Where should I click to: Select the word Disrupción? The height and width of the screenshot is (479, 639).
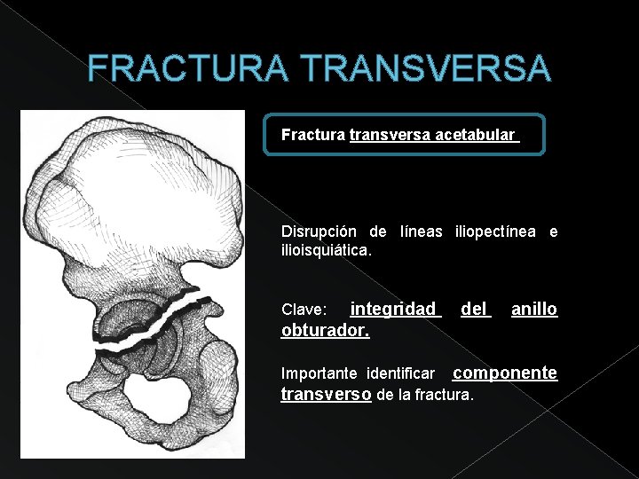click(313, 232)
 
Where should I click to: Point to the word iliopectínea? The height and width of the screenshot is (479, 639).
click(495, 232)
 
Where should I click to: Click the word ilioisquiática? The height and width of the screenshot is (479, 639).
click(326, 252)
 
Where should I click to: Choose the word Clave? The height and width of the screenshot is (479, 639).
click(303, 310)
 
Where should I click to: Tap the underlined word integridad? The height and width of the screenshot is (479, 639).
click(393, 309)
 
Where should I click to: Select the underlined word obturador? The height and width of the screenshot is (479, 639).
click(325, 330)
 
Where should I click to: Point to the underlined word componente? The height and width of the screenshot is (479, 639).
click(505, 373)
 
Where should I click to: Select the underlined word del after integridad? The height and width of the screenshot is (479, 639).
click(476, 309)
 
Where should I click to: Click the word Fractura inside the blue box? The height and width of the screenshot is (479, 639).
click(312, 136)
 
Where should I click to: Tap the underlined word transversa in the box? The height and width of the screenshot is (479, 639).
click(390, 136)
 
